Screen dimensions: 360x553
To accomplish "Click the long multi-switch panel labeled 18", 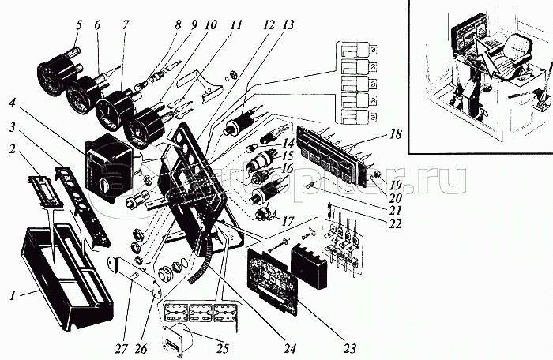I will pyautogui.click(x=333, y=150).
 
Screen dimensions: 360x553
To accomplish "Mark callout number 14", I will pyautogui.click(x=286, y=144).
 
